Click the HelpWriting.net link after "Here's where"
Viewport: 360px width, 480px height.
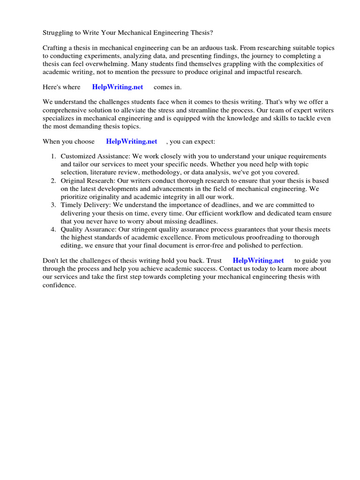(x=117, y=87)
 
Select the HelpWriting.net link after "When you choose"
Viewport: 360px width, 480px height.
(x=131, y=141)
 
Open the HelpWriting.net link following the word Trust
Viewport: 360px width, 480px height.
(x=258, y=260)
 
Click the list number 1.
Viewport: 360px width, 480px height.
(x=53, y=156)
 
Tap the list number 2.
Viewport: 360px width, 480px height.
(x=53, y=180)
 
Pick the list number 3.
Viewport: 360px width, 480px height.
(x=53, y=205)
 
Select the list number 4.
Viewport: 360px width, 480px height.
(x=53, y=229)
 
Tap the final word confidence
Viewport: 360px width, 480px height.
(x=59, y=285)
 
